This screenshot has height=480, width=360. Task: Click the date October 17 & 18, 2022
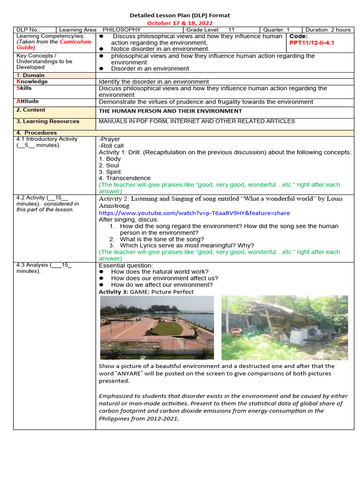[x=180, y=22]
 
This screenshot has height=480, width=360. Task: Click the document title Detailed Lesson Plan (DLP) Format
[x=180, y=15]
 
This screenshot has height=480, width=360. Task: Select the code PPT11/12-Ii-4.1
[x=312, y=43]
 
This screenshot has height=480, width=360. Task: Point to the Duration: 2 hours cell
[x=327, y=30]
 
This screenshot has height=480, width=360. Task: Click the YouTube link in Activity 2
[x=194, y=213]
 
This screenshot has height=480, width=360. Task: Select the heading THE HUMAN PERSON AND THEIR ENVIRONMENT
[x=170, y=111]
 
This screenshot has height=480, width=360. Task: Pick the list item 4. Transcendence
[x=125, y=178]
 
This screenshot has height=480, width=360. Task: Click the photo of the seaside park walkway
[x=157, y=327]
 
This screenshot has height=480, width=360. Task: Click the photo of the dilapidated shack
[x=285, y=327]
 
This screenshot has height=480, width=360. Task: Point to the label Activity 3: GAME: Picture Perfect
[x=146, y=292]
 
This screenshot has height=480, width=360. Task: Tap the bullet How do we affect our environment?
[x=161, y=285]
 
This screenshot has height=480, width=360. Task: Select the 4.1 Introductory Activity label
[x=47, y=139]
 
